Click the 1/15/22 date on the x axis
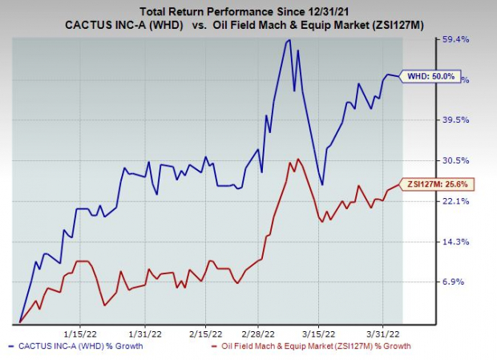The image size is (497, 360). click(x=80, y=331)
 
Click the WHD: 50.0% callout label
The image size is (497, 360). click(x=432, y=76)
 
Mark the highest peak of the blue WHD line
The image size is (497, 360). click(x=288, y=40)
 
